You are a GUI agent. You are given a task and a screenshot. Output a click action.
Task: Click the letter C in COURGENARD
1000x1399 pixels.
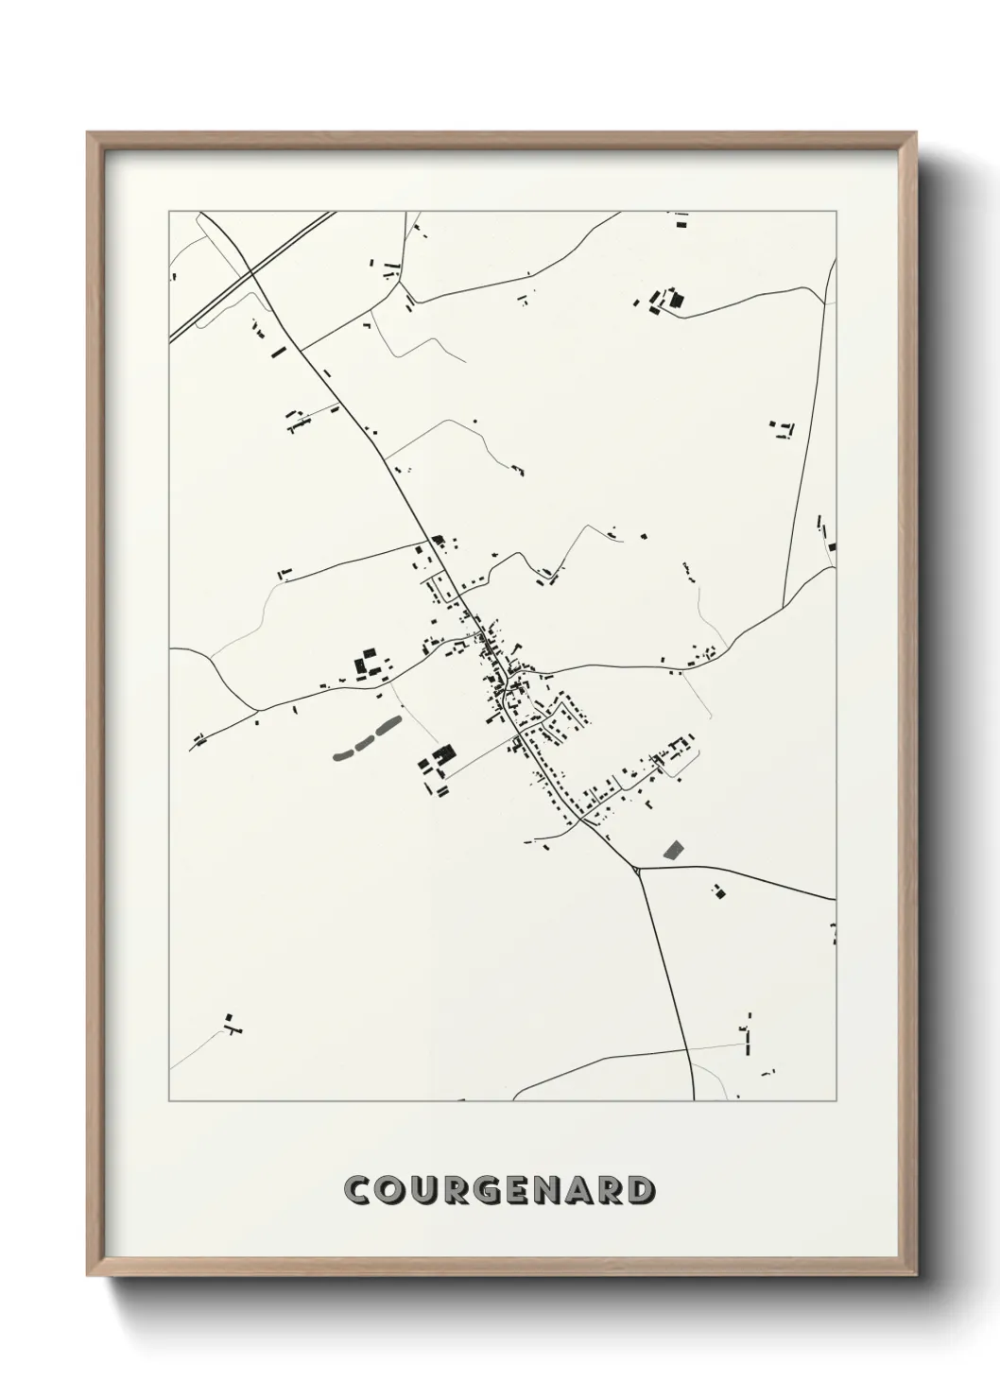coord(359,1191)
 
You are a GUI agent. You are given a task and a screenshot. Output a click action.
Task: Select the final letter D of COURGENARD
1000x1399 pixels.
coord(640,1191)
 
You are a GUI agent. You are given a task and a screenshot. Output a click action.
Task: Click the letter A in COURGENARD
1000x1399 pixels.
coord(577,1191)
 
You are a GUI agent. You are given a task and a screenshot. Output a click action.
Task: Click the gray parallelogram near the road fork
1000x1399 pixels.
coord(673,849)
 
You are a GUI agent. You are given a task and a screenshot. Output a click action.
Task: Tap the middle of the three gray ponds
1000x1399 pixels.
coord(364,742)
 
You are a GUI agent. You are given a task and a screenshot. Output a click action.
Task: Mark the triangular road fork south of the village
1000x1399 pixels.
coord(639,868)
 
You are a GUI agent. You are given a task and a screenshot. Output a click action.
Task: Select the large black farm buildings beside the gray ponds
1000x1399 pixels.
coord(439,758)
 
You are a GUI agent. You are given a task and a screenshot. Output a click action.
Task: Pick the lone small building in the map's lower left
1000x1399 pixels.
coord(230,1023)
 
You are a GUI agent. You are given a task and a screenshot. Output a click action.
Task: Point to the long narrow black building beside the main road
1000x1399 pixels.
coord(278,352)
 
